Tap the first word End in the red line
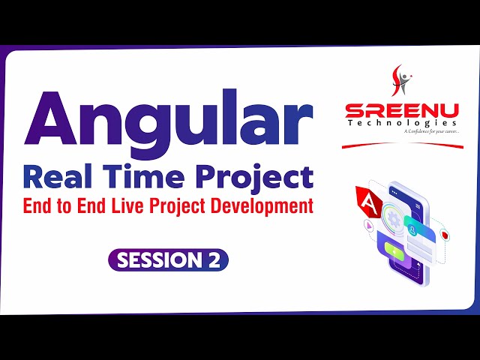[38, 207]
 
